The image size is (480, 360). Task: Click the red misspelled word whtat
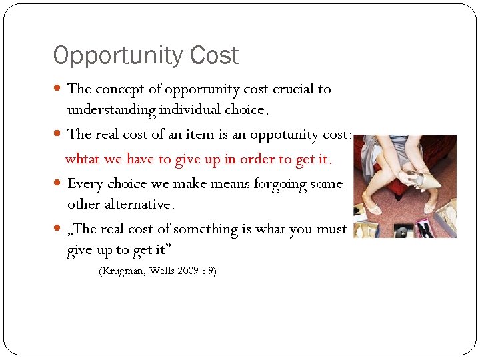[x=81, y=159]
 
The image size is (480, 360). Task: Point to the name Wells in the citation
[x=163, y=271]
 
